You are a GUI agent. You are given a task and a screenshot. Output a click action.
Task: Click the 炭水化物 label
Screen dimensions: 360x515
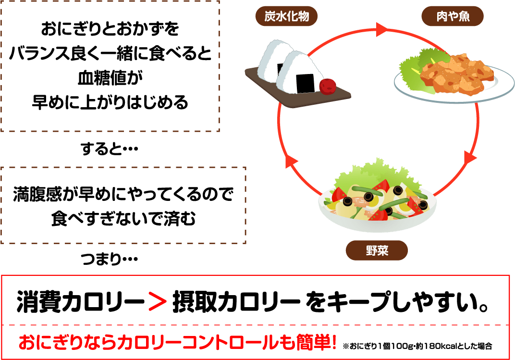tap(286, 18)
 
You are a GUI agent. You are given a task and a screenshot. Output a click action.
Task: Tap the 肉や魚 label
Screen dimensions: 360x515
tap(453, 18)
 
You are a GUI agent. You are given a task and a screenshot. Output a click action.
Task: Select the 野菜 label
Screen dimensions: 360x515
tap(377, 250)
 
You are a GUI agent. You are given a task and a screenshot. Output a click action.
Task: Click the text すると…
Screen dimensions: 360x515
tap(110, 149)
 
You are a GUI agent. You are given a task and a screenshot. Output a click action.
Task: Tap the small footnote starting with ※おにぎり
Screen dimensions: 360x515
tap(417, 346)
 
